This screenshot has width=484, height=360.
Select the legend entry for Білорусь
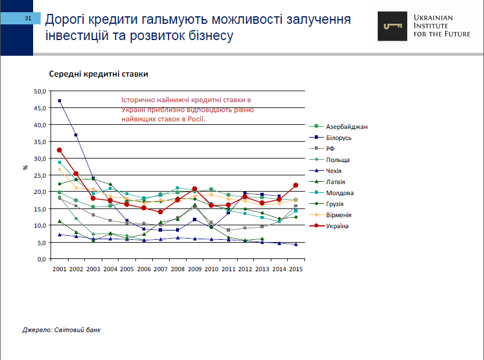(339, 138)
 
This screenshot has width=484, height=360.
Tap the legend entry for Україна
(337, 226)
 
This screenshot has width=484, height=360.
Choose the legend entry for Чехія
(334, 171)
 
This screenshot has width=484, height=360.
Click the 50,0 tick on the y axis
(40, 91)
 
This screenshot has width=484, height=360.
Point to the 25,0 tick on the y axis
(40, 175)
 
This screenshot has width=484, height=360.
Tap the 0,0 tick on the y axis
(41, 259)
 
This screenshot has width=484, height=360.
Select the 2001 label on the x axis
(59, 269)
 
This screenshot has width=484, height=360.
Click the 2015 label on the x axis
(296, 269)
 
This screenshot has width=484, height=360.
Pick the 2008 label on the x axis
(178, 269)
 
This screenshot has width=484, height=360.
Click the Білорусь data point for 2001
(60, 101)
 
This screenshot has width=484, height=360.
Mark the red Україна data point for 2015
(296, 185)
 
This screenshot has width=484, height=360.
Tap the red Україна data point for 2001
(59, 150)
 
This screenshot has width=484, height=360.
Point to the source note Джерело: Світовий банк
(61, 330)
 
